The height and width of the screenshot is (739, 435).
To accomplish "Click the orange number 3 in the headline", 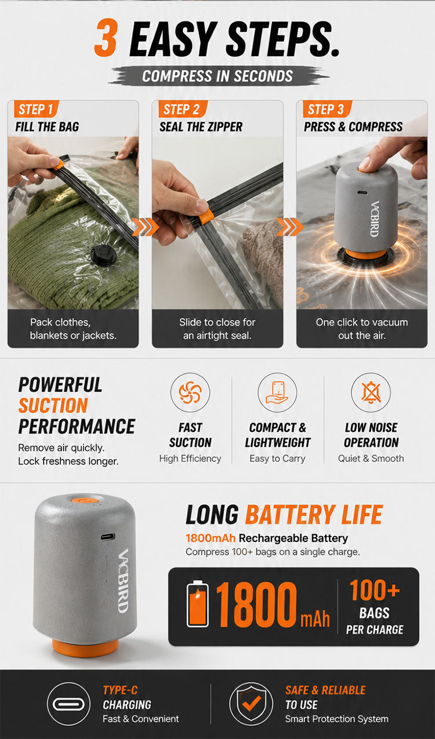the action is click(106, 38).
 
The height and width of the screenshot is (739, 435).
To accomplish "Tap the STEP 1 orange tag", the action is click(36, 109).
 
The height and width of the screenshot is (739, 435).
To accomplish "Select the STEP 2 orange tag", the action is click(183, 109).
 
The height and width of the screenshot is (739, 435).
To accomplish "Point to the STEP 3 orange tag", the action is click(327, 109).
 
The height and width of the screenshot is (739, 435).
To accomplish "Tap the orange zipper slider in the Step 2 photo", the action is click(206, 216).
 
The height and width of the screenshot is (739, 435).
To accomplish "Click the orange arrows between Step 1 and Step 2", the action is click(145, 227).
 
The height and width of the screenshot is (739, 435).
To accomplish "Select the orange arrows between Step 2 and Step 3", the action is click(290, 227).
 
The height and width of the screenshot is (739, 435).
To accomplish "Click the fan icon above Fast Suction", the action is click(190, 392).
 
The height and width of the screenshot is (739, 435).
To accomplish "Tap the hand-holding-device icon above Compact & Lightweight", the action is click(277, 392).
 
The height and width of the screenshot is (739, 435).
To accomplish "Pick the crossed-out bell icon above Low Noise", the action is click(371, 392).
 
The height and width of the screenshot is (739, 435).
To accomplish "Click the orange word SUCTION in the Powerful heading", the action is click(53, 406).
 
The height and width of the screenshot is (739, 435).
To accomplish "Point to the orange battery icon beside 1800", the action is click(197, 604).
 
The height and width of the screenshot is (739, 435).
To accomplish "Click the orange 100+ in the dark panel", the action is click(375, 590).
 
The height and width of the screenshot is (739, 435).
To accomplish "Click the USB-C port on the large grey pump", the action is click(108, 537).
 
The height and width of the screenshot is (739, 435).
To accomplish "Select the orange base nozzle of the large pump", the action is click(85, 647).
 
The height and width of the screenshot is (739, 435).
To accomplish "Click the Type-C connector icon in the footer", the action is click(68, 704).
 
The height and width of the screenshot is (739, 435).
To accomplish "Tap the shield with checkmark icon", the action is click(252, 704).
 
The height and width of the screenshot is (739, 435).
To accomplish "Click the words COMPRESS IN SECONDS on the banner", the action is click(217, 76).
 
